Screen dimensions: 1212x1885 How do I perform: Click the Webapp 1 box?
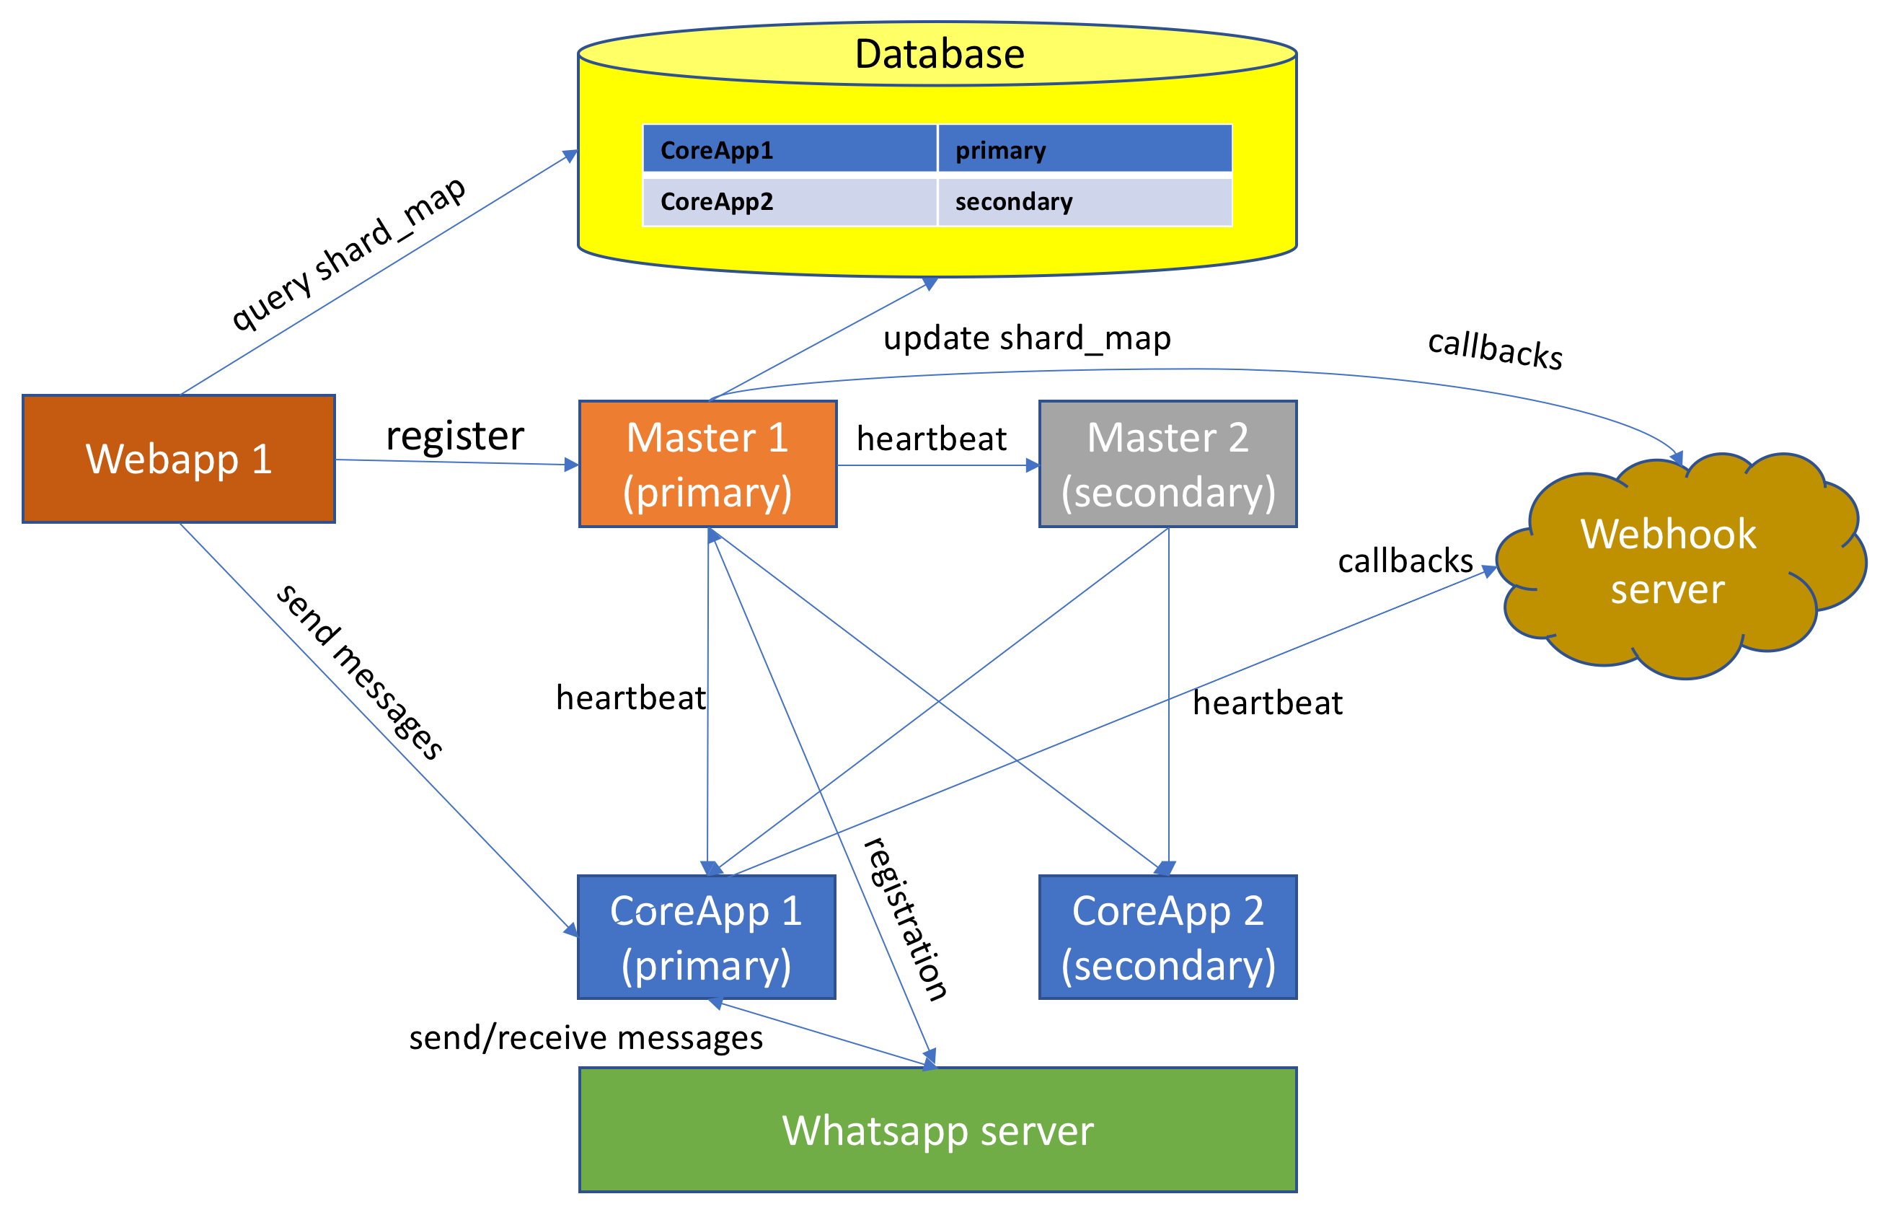(179, 459)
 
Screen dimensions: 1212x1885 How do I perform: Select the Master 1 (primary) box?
(707, 465)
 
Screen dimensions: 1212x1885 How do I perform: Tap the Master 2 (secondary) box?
(1167, 465)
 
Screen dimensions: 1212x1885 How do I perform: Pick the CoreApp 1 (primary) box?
(707, 937)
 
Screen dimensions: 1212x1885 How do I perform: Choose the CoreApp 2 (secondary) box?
(1167, 937)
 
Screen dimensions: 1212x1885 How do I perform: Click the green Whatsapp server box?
(937, 1130)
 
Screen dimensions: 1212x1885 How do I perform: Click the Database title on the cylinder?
(940, 54)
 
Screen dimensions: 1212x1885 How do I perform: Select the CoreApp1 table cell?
(790, 149)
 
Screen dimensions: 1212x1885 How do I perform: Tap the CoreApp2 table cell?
(790, 202)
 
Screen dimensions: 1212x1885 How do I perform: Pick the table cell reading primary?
(1084, 149)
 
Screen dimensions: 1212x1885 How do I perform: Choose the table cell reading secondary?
(1084, 202)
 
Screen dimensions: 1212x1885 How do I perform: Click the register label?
(455, 435)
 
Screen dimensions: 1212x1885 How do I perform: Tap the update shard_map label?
(1027, 338)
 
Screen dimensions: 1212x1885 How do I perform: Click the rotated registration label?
(906, 918)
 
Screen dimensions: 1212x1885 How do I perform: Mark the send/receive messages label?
(586, 1038)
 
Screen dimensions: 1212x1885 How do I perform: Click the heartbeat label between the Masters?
(932, 439)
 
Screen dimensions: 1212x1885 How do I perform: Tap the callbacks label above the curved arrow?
(1495, 348)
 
